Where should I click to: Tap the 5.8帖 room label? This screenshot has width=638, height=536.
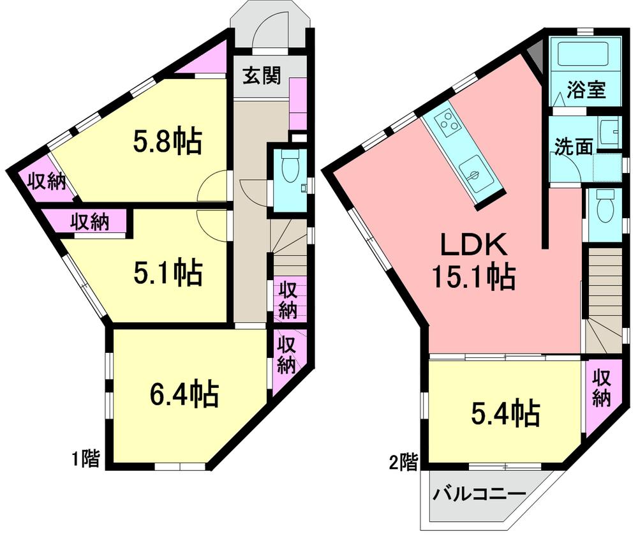(167, 142)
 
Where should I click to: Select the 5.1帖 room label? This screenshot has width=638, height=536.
(167, 272)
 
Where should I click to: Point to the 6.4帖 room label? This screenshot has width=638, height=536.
(185, 394)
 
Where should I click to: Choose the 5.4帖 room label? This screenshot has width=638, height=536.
(506, 414)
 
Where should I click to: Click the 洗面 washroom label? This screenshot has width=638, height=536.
(572, 146)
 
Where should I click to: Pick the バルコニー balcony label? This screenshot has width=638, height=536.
(480, 494)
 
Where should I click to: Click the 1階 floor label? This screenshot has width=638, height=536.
(85, 458)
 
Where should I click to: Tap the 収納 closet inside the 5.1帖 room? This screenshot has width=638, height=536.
(89, 222)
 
